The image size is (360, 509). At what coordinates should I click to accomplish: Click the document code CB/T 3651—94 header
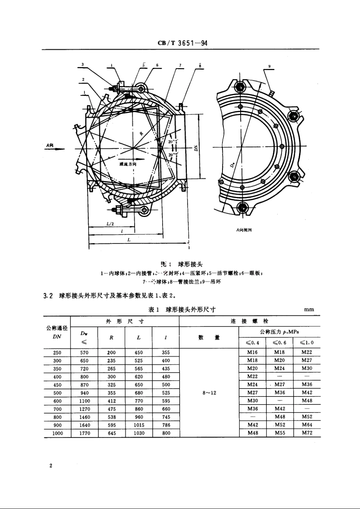tap(182, 43)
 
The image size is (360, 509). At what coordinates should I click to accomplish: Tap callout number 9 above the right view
tap(269, 66)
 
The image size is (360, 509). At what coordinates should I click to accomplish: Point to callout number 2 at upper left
tap(83, 80)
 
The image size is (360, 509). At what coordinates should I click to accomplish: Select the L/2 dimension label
tap(110, 224)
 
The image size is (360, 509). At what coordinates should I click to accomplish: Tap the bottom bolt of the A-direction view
tap(241, 207)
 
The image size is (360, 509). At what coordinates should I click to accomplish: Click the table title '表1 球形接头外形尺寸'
tap(182, 309)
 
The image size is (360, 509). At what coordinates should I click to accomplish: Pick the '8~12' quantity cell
tap(209, 393)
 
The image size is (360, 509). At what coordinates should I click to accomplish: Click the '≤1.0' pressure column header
tap(307, 343)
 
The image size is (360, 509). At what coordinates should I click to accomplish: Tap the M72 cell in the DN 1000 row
tap(307, 433)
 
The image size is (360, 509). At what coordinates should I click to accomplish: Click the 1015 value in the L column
tap(139, 425)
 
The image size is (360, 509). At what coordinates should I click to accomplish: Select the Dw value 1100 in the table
tap(85, 401)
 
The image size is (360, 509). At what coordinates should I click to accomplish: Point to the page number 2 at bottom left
tap(50, 465)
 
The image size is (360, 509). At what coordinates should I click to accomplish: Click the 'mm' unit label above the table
tap(309, 309)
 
